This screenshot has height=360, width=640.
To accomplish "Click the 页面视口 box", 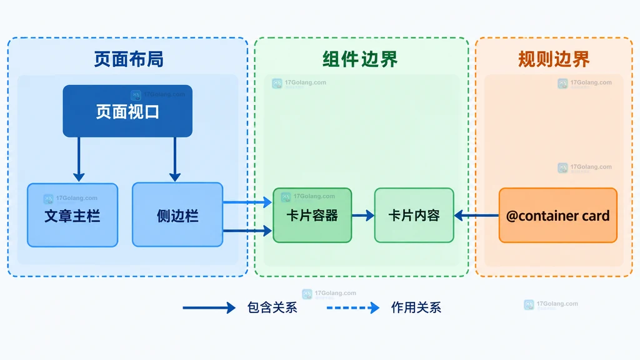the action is [x=127, y=111].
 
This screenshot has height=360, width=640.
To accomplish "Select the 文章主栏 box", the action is [x=72, y=215].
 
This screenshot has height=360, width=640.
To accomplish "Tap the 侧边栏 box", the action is [x=177, y=215].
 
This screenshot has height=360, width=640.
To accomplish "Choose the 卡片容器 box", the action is [x=312, y=215].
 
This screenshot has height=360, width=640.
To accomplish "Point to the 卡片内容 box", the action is [x=414, y=215].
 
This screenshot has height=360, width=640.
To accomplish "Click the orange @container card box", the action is [x=558, y=215].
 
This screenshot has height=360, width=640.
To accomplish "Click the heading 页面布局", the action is [x=129, y=59].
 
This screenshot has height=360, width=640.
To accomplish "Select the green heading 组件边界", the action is [x=360, y=59].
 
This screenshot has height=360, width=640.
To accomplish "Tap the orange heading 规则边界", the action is [x=554, y=59].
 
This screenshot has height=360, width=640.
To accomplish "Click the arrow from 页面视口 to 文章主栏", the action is [x=79, y=159].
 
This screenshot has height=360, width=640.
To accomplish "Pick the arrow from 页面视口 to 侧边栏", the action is [x=175, y=159].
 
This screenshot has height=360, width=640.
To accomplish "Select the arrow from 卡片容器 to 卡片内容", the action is [x=363, y=215].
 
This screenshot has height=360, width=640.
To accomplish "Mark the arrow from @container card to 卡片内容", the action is [x=476, y=215].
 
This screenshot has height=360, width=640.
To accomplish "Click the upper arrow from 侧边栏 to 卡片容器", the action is [x=247, y=202].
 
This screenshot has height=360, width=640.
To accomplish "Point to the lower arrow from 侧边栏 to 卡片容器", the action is [x=247, y=231].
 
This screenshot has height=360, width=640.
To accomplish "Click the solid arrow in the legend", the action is [x=209, y=307].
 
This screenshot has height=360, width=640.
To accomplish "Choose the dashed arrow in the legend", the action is [x=353, y=307].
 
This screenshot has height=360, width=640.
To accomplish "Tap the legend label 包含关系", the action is [x=272, y=307].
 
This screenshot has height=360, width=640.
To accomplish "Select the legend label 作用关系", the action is [x=416, y=307].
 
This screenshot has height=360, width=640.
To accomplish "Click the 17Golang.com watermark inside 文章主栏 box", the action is [x=71, y=198].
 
